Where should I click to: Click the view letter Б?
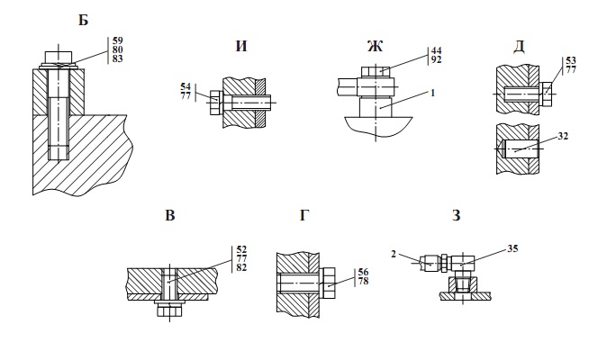point(83,20)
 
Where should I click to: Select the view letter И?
point(241,46)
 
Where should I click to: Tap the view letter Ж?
point(375,46)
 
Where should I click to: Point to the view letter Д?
point(519,47)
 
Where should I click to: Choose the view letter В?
point(170,216)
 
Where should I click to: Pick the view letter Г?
point(304,216)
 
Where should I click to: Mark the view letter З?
point(456,216)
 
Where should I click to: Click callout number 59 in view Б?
point(118,40)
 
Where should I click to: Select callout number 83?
point(118,58)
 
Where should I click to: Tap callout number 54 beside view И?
point(186,87)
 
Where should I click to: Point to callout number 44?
point(436,50)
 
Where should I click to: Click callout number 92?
point(436,59)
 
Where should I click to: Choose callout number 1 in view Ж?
point(433,93)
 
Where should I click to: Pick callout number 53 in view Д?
point(571,61)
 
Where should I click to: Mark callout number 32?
point(563,136)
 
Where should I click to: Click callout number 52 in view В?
point(241,249)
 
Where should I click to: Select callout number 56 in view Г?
point(364,272)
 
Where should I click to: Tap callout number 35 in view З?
point(513,248)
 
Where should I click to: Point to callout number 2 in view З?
point(394,254)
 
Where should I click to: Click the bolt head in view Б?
point(59,57)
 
